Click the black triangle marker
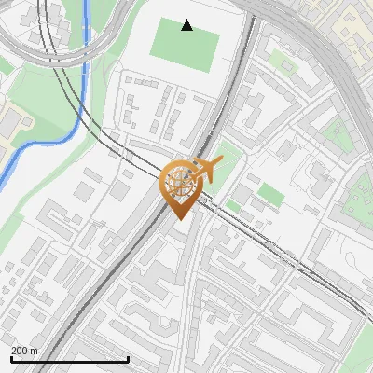pyautogui.click(x=187, y=25)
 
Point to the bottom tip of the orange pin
pyautogui.click(x=178, y=218)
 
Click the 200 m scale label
pyautogui.click(x=24, y=351)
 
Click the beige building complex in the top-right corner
pyautogui.click(x=352, y=23)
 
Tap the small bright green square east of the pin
pyautogui.click(x=269, y=194)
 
